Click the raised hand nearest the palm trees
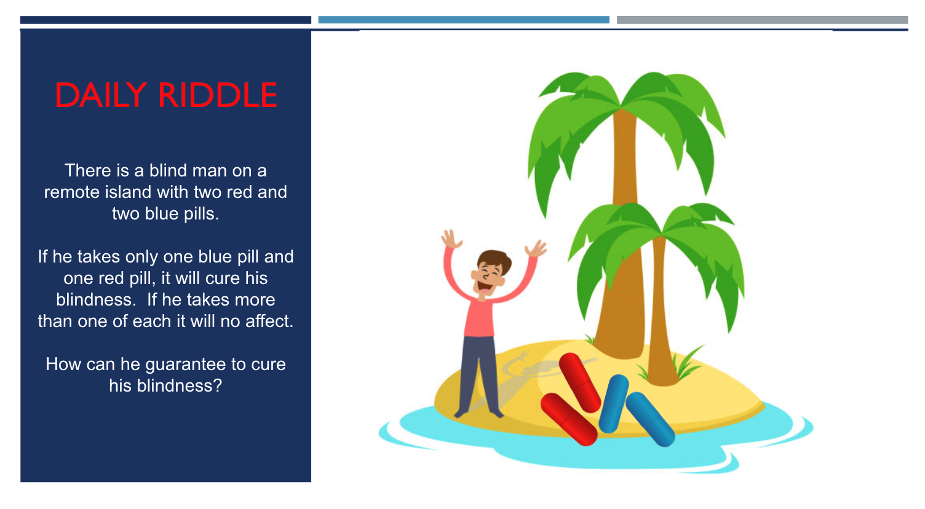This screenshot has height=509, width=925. tap(536, 249)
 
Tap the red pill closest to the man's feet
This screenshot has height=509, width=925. tap(568, 419)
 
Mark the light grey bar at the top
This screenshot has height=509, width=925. tap(762, 20)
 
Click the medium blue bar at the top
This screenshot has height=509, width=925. tap(464, 20)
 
